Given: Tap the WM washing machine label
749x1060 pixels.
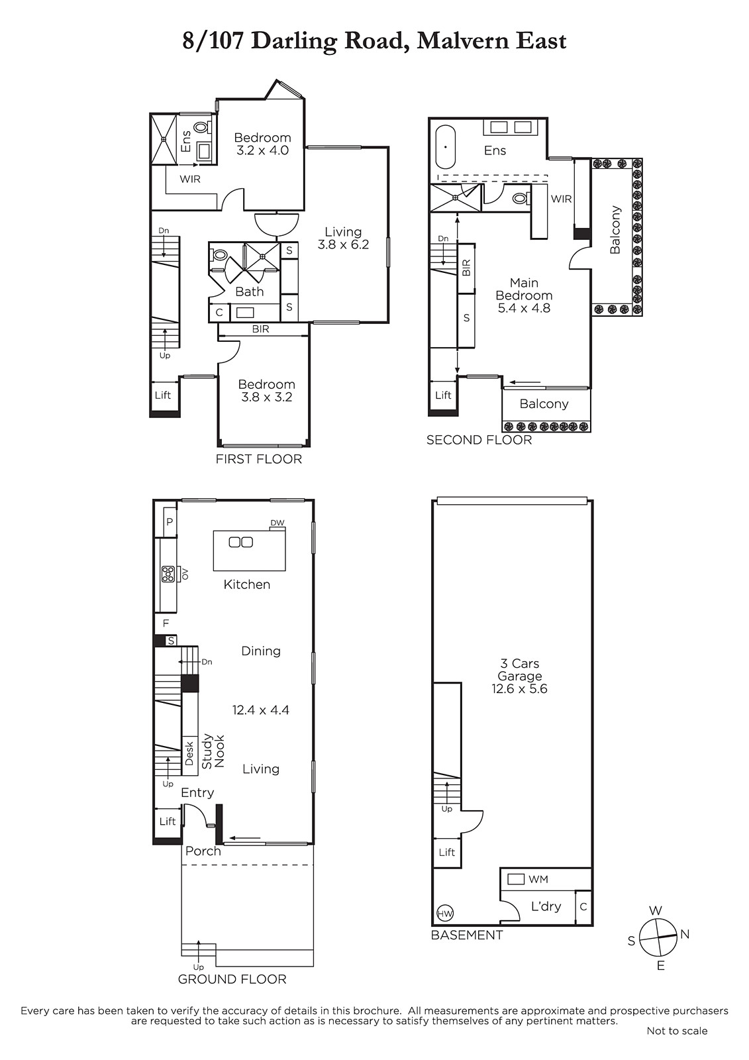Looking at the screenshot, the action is (538, 879).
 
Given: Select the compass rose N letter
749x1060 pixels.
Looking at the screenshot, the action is (685, 934).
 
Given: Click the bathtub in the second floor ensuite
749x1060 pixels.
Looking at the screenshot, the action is (445, 146).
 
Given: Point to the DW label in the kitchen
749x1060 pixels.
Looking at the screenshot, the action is (277, 523).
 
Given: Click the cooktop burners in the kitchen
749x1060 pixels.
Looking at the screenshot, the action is (168, 574).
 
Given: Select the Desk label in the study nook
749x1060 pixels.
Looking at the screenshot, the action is (189, 753).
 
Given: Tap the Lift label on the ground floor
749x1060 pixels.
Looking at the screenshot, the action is (168, 821).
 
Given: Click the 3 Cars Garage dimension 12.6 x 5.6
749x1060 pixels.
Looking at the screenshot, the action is (519, 689).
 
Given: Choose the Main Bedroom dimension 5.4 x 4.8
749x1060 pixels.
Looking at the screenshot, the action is (524, 308).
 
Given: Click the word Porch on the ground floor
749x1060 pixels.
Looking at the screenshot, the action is (203, 851).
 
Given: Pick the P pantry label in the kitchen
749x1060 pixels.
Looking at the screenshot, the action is (170, 522).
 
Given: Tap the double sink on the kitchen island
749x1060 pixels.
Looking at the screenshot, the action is (241, 543).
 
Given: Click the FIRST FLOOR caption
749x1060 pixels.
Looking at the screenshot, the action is (259, 459).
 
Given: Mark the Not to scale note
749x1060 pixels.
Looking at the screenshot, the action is (677, 1031).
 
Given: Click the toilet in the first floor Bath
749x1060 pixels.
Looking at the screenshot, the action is (218, 256).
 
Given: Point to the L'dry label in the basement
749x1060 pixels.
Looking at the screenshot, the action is (546, 907).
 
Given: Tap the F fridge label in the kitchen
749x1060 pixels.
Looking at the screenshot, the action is (166, 623).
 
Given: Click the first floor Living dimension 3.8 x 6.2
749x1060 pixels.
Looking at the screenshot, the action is (343, 244).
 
